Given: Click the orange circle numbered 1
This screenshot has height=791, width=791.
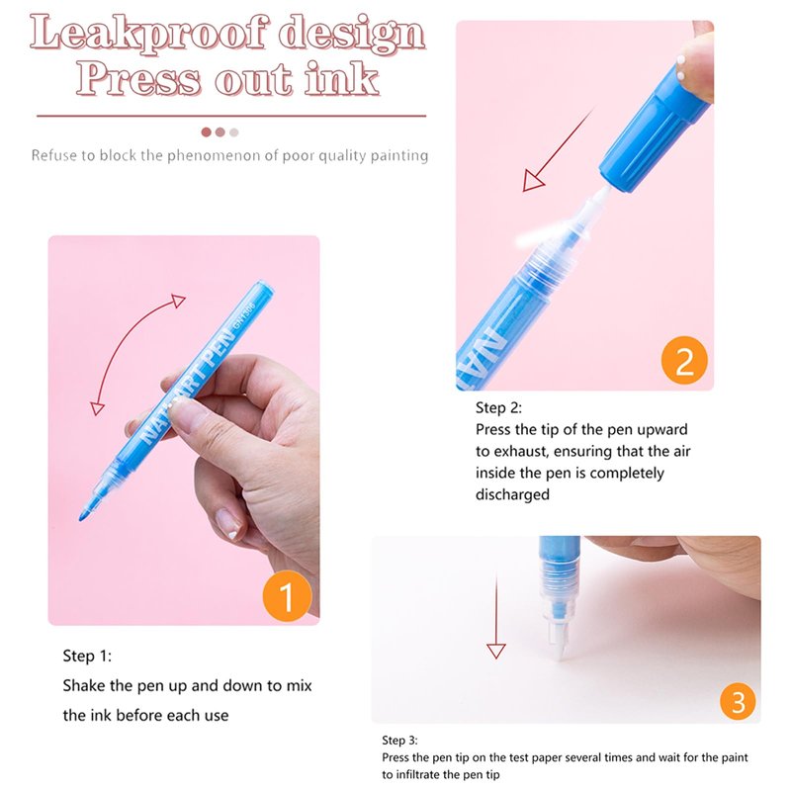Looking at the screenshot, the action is [287, 596].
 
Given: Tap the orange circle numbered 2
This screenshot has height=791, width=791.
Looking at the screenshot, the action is [684, 360].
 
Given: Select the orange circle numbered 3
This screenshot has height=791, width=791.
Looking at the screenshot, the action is [738, 701].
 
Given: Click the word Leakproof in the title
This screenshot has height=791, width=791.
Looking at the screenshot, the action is [147, 34].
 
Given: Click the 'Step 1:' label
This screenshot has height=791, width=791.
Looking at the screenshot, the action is [87, 656].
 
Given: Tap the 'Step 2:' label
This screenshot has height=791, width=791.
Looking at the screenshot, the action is [498, 407].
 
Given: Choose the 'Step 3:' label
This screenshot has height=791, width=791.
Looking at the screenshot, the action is [400, 740].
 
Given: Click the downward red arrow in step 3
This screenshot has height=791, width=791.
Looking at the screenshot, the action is [496, 616].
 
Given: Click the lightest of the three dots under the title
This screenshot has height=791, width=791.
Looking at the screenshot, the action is [233, 132].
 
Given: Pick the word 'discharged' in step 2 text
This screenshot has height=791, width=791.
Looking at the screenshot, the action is [512, 494].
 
